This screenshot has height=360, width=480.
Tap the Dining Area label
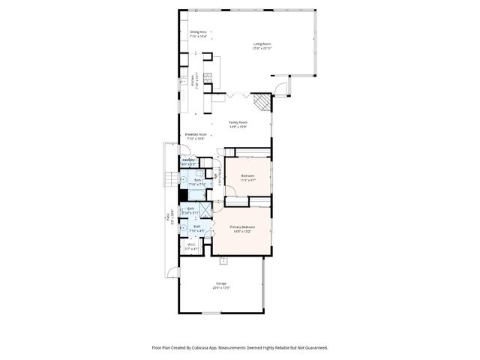[x=198, y=34]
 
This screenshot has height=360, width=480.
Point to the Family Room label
[x=239, y=124]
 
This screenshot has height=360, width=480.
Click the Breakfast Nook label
[x=196, y=136]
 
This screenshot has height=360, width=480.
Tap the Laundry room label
[x=189, y=160]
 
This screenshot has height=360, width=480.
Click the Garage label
[x=221, y=284]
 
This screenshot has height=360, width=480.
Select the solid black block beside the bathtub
[x=182, y=195]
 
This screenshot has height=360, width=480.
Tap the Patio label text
[x=172, y=219]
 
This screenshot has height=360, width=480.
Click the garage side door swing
[x=174, y=272]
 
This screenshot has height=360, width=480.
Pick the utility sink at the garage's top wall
[x=223, y=261]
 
